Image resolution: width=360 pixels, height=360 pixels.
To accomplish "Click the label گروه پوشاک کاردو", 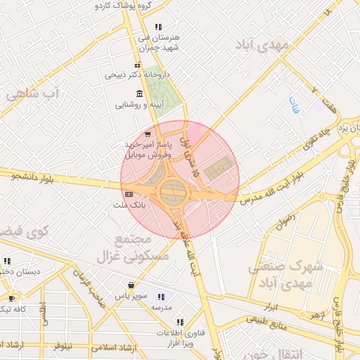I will (127, 5).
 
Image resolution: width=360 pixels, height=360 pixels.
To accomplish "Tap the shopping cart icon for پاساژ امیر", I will (146, 134).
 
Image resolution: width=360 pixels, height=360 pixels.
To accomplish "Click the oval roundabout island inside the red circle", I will (173, 191).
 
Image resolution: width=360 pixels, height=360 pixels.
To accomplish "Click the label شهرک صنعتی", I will (285, 267).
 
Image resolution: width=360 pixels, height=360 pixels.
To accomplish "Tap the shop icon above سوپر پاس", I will (131, 285).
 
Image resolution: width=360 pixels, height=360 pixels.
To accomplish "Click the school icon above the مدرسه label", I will (161, 297).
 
